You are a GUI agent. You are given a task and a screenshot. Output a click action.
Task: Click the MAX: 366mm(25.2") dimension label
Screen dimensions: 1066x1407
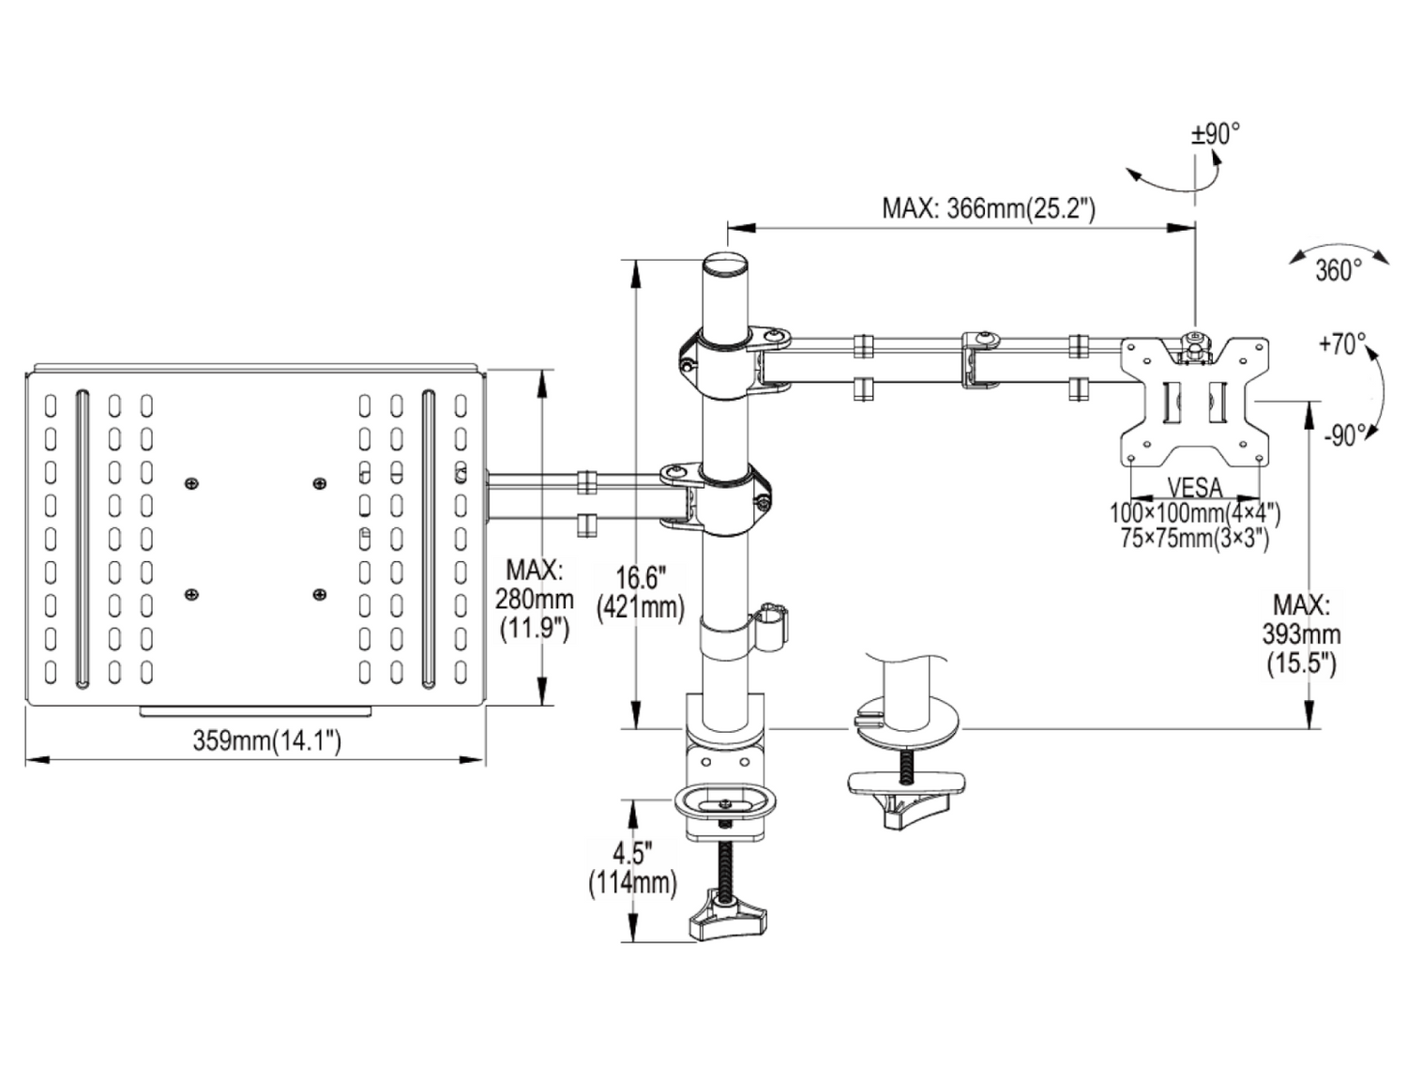click(x=988, y=207)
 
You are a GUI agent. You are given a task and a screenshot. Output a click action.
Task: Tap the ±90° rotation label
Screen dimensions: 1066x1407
click(x=1215, y=134)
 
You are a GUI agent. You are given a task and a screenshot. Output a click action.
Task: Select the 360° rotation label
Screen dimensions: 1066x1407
click(x=1337, y=271)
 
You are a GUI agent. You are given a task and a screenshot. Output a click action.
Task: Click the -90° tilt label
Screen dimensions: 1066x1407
click(x=1344, y=435)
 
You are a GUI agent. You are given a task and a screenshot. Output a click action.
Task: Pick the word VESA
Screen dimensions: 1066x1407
click(x=1195, y=487)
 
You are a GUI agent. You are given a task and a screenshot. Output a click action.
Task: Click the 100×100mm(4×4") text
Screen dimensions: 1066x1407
click(x=1195, y=513)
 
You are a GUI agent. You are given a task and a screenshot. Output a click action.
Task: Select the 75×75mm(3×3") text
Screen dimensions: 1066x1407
click(x=1194, y=538)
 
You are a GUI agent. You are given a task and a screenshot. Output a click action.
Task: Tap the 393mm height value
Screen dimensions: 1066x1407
click(x=1301, y=634)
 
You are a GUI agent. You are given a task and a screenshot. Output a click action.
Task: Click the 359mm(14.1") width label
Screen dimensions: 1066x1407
click(x=267, y=740)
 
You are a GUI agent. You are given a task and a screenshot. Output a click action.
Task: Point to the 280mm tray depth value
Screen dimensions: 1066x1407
click(x=534, y=598)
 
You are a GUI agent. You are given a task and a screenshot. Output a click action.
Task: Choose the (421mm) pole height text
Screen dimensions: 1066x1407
click(x=641, y=607)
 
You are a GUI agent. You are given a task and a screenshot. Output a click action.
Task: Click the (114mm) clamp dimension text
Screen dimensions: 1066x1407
click(x=632, y=882)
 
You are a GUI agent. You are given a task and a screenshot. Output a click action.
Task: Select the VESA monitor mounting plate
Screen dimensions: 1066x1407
click(x=1195, y=402)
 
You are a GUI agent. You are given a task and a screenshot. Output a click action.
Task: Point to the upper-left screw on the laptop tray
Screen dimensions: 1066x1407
click(x=192, y=483)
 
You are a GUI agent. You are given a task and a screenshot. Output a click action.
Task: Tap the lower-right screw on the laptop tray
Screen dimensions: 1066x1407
click(x=320, y=594)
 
